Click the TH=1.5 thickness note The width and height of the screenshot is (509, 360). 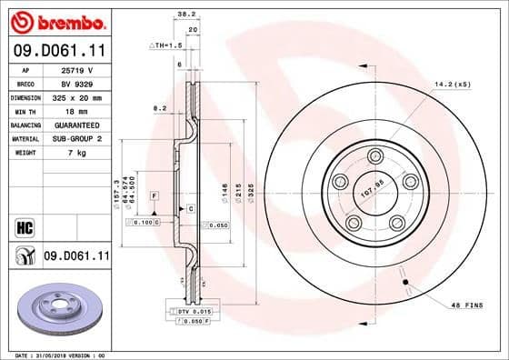click(x=166, y=44)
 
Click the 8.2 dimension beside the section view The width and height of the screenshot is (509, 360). click(x=160, y=108)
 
